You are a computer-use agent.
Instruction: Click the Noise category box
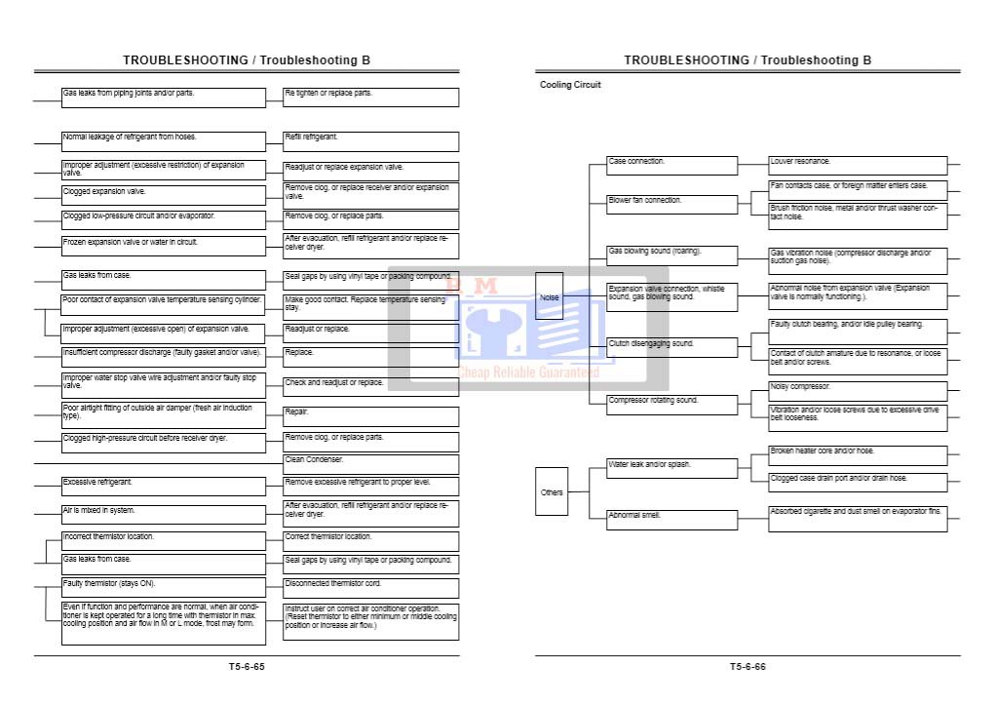550,296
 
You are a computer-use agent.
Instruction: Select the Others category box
552,491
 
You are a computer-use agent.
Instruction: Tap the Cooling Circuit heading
570,85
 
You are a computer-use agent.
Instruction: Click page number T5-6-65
247,667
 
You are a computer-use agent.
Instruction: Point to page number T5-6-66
747,667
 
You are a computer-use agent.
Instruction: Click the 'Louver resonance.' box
858,165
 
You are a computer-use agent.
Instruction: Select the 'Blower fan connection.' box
672,204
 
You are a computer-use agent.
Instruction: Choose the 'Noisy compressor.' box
858,390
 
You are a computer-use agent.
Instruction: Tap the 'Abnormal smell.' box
672,520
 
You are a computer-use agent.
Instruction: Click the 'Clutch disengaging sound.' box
672,347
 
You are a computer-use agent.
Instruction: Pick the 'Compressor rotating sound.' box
672,403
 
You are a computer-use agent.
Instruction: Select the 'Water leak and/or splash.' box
672,468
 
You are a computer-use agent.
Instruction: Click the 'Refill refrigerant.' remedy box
370,141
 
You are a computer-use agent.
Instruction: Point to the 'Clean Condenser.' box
370,463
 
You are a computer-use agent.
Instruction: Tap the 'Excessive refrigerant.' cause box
164,486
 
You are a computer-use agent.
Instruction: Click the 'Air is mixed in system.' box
164,514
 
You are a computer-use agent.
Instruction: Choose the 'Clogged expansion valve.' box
164,195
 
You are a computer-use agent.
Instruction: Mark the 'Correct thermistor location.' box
370,540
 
